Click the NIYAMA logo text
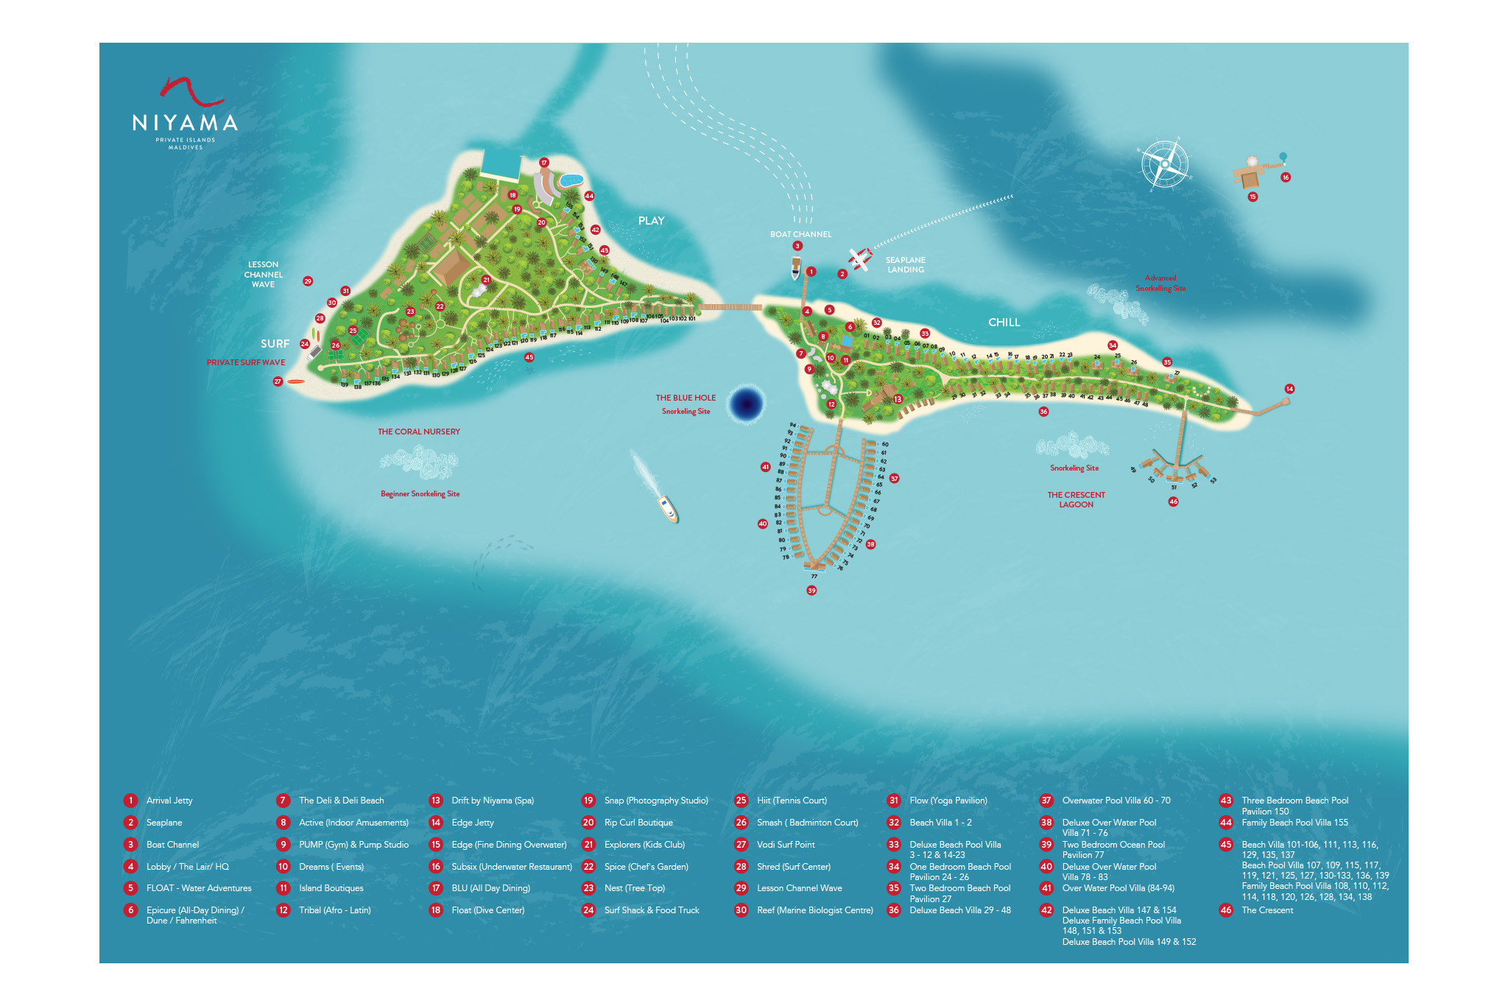click(x=185, y=123)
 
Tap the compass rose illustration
click(x=1165, y=164)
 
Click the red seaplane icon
click(x=859, y=258)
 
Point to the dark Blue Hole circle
click(x=747, y=404)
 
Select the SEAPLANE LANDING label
click(x=905, y=264)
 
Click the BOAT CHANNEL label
click(x=800, y=234)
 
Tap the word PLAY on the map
click(x=651, y=221)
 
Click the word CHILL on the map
click(x=1004, y=323)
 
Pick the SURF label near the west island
click(x=275, y=344)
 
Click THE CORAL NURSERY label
click(x=418, y=432)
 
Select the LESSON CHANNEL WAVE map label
click(x=263, y=275)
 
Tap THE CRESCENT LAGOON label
click(x=1076, y=499)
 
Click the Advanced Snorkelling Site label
click(x=1160, y=283)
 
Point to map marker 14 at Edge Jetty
click(x=1289, y=389)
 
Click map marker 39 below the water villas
click(x=811, y=591)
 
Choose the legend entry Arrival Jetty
click(x=169, y=801)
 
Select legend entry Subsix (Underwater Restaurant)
click(x=511, y=867)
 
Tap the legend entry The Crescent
click(x=1266, y=910)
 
